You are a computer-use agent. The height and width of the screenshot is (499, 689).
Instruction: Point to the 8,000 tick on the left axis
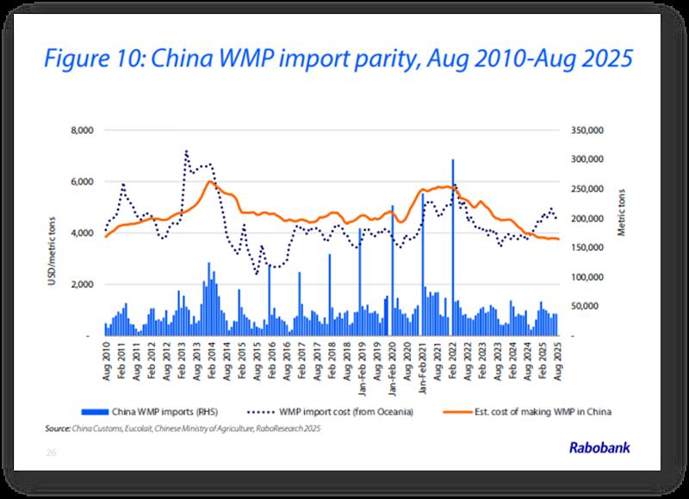[x=82, y=130]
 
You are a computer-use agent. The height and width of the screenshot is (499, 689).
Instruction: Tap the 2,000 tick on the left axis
[x=82, y=284]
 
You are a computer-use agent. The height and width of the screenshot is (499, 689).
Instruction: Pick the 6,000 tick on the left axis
[x=82, y=182]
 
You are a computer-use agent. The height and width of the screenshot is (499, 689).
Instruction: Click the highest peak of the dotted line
[x=186, y=151]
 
